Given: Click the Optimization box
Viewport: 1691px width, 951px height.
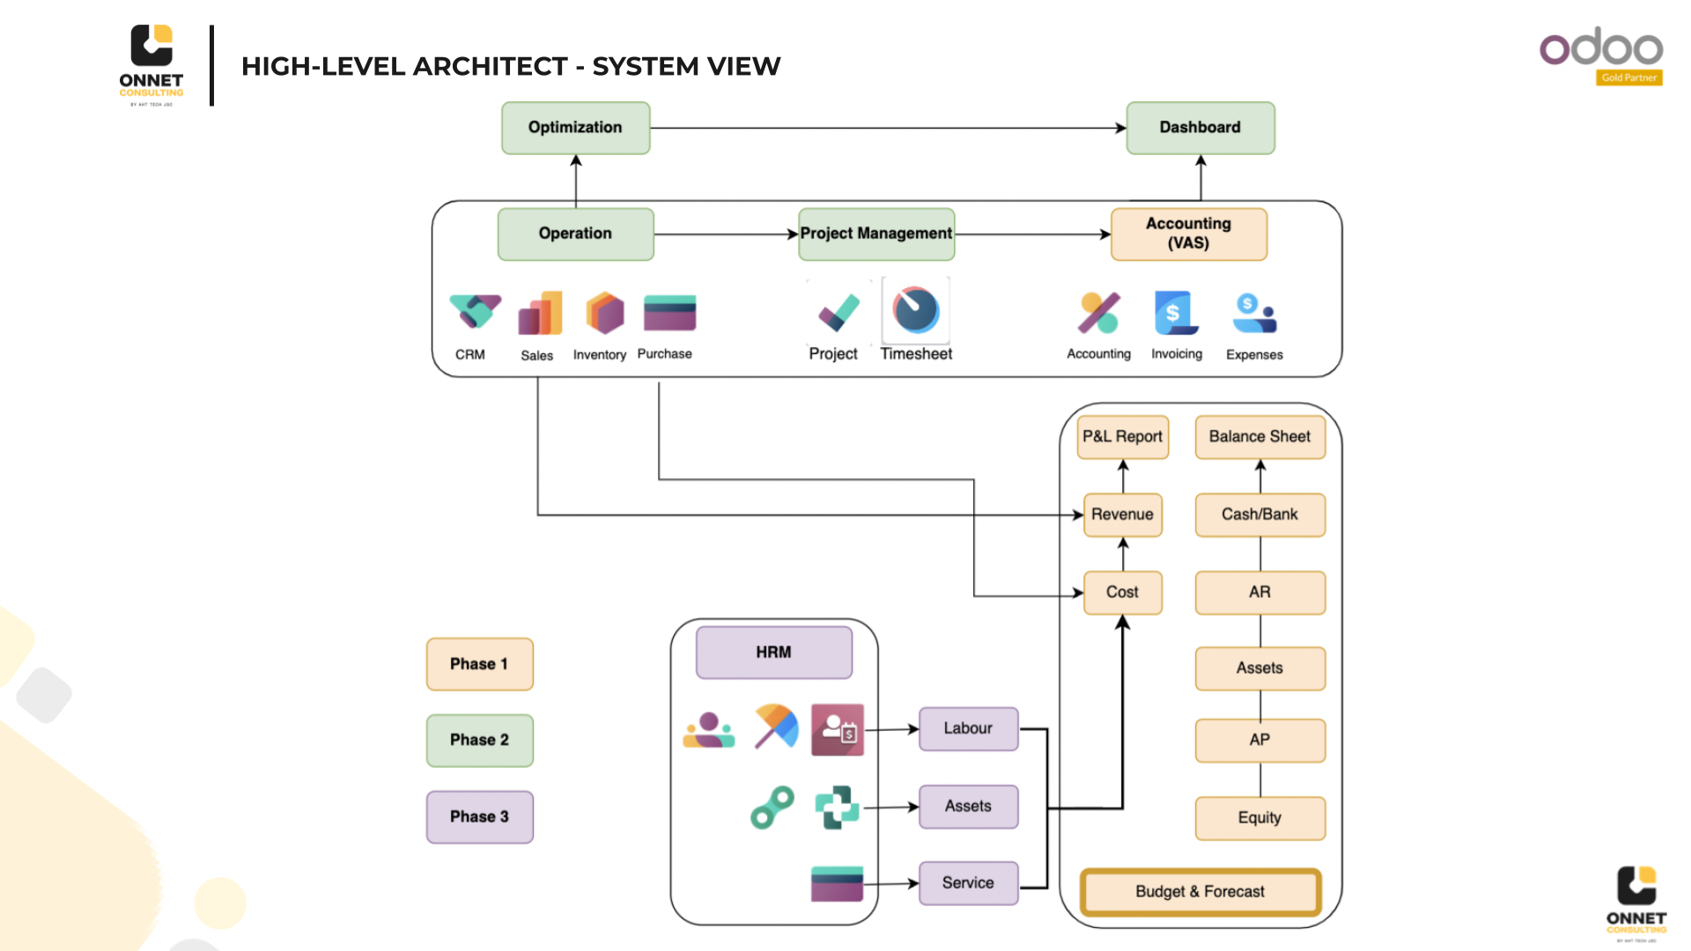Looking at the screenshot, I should [x=575, y=128].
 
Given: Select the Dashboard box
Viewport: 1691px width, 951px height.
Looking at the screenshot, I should [x=1200, y=128].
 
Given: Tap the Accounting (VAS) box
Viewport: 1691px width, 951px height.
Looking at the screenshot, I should [x=1188, y=233].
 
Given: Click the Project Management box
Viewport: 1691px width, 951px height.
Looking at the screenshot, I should [x=875, y=233].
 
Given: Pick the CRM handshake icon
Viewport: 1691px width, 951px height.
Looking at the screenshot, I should [x=475, y=313].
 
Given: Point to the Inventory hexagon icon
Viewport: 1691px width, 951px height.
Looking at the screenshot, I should [x=604, y=313].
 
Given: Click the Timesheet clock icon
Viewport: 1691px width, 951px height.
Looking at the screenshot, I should [x=916, y=311].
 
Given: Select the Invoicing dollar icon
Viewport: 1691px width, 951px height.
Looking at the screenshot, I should [x=1176, y=313].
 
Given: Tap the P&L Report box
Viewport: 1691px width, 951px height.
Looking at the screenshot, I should [x=1122, y=437].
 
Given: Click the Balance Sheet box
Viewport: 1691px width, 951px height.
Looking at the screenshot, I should [x=1259, y=437].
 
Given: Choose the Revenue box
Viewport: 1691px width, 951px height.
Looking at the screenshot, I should [x=1122, y=514].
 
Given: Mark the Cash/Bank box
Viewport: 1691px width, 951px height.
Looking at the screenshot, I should [x=1259, y=514].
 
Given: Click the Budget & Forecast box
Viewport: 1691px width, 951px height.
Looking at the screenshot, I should [x=1200, y=892].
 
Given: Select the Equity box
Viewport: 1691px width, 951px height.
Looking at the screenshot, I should [x=1259, y=818].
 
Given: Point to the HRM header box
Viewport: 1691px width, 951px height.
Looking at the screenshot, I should [x=773, y=652].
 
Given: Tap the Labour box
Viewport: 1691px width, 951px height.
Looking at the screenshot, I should [x=968, y=728].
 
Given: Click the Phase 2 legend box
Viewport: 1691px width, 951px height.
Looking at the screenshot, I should [x=479, y=740].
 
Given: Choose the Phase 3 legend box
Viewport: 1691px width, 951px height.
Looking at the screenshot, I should [x=479, y=816].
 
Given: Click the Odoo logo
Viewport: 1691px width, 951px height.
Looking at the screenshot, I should [x=1600, y=48].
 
